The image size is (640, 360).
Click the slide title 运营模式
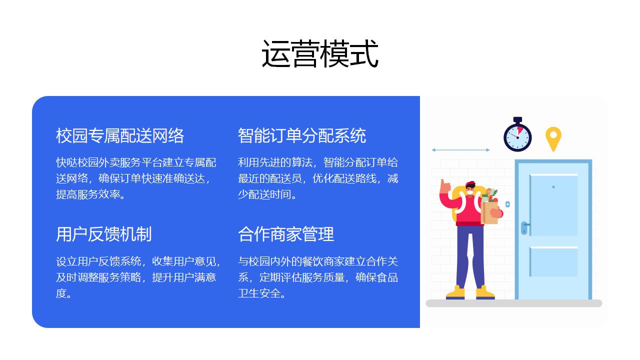(320, 53)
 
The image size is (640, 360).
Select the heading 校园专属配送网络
(120, 135)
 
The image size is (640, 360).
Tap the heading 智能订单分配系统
(302, 135)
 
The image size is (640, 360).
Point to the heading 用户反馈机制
(103, 234)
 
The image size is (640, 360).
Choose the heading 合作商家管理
(286, 234)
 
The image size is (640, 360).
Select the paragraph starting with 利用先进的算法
(318, 178)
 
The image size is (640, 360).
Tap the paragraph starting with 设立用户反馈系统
(138, 277)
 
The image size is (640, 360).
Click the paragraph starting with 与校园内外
(318, 277)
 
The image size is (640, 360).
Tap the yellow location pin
(553, 139)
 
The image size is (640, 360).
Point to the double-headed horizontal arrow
(460, 149)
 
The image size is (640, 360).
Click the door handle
(525, 227)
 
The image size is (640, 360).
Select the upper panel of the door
(553, 205)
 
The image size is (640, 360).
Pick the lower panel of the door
(553, 261)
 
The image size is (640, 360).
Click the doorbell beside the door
(507, 204)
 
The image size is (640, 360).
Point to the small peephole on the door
(553, 187)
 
